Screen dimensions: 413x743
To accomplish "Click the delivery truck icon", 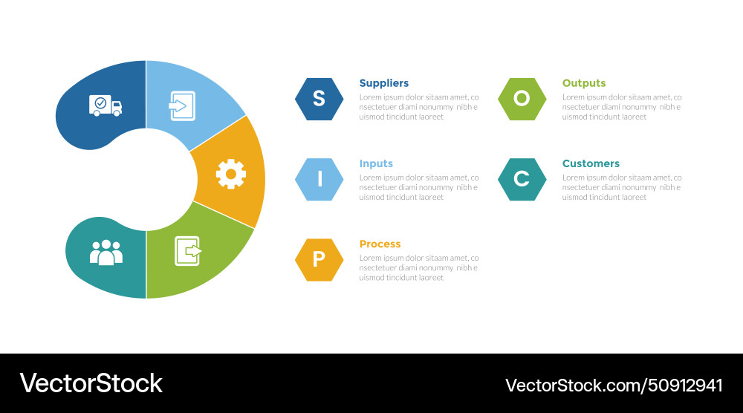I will tap(106, 105).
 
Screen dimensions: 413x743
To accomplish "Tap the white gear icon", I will tap(230, 174).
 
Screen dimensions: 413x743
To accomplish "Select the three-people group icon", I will tap(106, 252).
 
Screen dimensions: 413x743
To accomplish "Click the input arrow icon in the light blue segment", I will tap(181, 105).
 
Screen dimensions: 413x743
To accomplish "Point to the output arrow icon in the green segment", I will tap(188, 250).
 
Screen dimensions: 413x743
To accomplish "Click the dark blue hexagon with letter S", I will tap(319, 99).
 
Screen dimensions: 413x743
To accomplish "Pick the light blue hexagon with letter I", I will tap(319, 179).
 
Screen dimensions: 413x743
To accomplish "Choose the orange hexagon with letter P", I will tap(319, 259).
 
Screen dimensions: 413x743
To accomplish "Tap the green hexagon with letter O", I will tap(522, 99).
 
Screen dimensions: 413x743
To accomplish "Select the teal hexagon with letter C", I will tap(522, 179).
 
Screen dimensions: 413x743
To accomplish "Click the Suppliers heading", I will tap(383, 83).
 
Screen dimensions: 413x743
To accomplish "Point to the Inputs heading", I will tap(376, 163).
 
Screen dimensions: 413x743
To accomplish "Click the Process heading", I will tap(380, 244).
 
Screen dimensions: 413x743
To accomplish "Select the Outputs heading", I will tap(584, 83).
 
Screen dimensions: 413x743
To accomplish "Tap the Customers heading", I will tap(591, 163).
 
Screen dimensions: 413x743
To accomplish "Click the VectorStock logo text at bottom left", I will tap(91, 383).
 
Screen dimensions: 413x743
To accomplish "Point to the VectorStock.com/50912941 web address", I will tap(614, 385).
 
